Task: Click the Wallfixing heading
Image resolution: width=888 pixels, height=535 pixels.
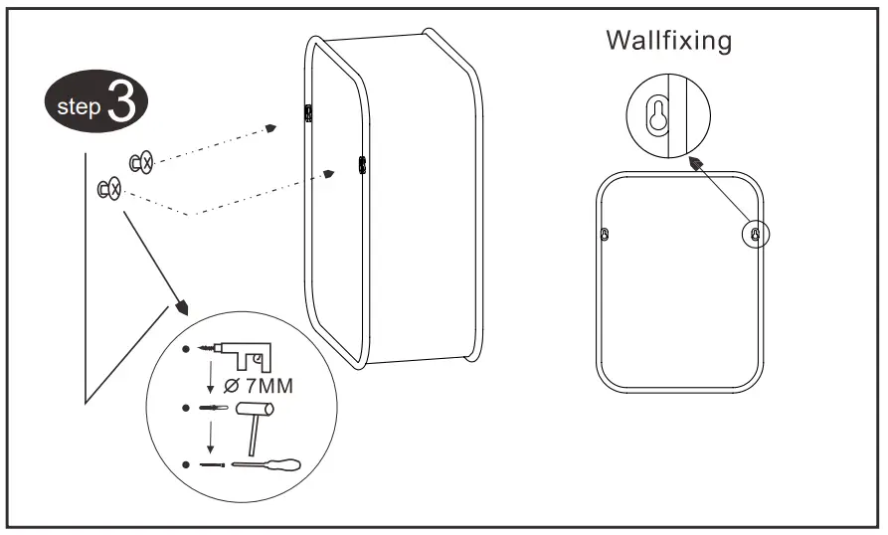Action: pos(669,41)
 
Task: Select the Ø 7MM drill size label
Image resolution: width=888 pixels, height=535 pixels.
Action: pos(259,386)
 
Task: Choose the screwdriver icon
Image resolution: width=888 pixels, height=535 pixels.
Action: pos(266,463)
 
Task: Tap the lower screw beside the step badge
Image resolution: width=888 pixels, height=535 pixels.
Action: pos(108,187)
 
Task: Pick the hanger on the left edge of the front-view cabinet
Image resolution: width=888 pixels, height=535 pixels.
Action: pos(606,235)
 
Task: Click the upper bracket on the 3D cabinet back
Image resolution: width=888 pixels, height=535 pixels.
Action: pos(309,111)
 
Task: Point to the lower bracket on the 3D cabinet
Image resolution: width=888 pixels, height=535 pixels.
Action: pos(362,164)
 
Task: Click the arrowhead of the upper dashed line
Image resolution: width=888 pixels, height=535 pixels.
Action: pos(270,128)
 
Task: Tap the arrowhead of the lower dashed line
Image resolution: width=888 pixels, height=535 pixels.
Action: pos(328,174)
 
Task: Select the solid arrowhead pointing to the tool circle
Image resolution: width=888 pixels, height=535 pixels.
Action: pos(181,303)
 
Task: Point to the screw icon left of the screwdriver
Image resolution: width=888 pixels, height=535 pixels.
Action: pos(210,463)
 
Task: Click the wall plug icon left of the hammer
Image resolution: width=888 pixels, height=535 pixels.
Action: pos(212,408)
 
